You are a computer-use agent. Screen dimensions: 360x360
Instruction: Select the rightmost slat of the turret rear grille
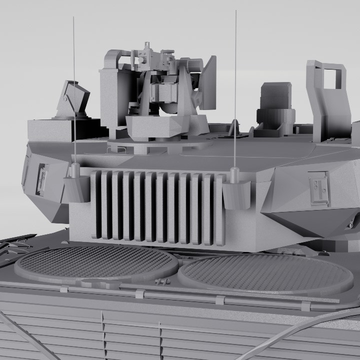[219, 210]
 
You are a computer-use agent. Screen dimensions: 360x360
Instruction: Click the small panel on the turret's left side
[42, 179]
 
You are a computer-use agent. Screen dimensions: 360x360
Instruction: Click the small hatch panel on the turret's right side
[318, 188]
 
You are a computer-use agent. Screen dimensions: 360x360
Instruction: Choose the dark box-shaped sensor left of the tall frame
[275, 102]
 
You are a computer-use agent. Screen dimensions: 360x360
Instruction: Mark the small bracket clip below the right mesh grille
[220, 300]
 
